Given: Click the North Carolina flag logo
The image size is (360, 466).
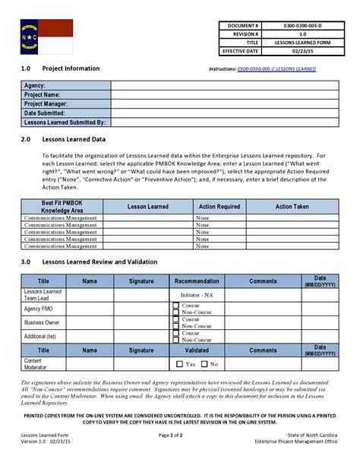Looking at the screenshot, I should point(46,36).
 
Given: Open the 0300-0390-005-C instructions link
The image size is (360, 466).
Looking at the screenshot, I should point(277,69).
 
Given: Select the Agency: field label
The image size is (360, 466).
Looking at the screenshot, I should point(35,86).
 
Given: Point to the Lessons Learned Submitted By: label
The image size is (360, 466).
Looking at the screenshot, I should point(65,122).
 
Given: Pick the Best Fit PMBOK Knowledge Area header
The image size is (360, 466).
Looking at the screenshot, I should point(62,206).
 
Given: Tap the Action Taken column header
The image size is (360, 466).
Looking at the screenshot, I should point(292,206).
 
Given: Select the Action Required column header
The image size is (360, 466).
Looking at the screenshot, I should point(219,206).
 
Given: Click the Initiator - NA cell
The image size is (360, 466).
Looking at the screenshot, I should point(197,294).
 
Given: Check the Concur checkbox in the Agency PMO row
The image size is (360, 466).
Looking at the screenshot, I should point(176,306).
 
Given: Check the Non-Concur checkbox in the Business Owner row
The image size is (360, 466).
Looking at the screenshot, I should point(176,325).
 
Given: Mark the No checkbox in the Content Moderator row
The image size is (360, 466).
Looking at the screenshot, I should point(204,364).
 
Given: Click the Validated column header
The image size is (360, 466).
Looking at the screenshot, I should point(197,350).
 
